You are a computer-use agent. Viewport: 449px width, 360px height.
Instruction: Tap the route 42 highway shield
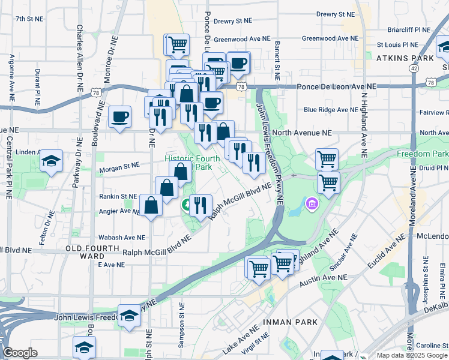point(414,68)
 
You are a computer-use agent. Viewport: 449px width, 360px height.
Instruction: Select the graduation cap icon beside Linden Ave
point(52,161)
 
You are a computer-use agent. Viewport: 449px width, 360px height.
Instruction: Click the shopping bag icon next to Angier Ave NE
point(151,206)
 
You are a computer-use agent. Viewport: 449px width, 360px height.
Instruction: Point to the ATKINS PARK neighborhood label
point(405,58)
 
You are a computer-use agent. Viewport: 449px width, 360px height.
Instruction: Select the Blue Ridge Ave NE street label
point(330,110)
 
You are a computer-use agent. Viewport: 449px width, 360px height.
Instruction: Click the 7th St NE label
point(29,19)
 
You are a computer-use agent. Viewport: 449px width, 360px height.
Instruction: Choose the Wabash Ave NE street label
point(122,238)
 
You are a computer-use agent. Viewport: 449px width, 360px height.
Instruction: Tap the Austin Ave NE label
point(324,278)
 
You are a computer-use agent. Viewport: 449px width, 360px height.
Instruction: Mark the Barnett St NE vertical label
point(277,61)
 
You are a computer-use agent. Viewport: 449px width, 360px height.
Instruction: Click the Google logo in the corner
point(20,353)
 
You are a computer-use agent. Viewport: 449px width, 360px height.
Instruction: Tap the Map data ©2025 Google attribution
point(411,355)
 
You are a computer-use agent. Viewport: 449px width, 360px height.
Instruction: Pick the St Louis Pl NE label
point(397,44)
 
